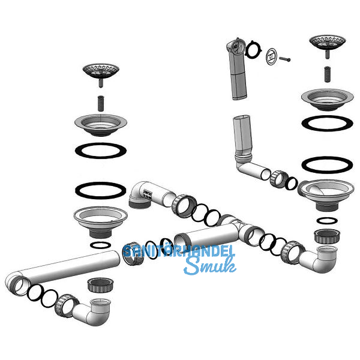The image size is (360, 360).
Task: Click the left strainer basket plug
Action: (x=101, y=73)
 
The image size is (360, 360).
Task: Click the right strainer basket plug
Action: (x=327, y=44)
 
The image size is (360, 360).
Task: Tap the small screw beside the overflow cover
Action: (x=284, y=59)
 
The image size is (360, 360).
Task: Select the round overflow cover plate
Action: (x=272, y=56)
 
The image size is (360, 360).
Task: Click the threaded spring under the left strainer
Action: (x=101, y=103)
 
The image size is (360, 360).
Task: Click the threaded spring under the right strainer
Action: (x=328, y=74)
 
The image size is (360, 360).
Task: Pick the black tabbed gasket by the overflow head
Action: (x=253, y=49)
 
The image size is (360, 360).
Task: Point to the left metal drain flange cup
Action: (x=101, y=125)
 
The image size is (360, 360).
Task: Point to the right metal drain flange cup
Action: (x=327, y=100)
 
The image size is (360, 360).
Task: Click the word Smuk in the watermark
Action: (x=210, y=266)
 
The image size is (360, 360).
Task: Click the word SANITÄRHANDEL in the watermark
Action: (x=179, y=251)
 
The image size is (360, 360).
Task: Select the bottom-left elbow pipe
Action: (x=92, y=311)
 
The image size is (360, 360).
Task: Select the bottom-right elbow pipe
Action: (x=319, y=259)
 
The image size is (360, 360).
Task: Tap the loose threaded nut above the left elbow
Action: (x=100, y=285)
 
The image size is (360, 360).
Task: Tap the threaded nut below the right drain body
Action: (x=327, y=236)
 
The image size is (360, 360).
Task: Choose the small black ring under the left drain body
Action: (x=100, y=245)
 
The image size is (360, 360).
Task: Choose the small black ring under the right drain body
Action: (x=327, y=221)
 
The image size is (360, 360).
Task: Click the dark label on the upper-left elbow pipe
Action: (x=147, y=194)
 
